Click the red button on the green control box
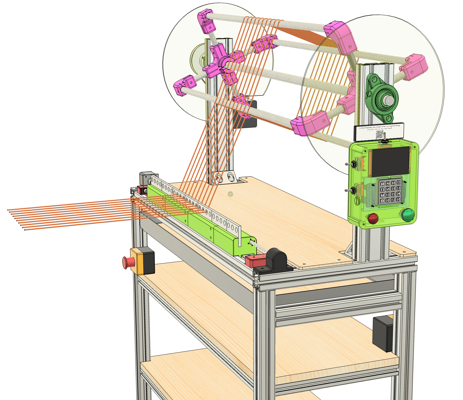[373, 218]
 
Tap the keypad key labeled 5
[388, 189]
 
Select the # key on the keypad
[393, 200]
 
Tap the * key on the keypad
[382, 201]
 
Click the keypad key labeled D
[398, 199]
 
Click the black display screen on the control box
[390, 161]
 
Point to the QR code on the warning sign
[380, 134]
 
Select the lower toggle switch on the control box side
[349, 190]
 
